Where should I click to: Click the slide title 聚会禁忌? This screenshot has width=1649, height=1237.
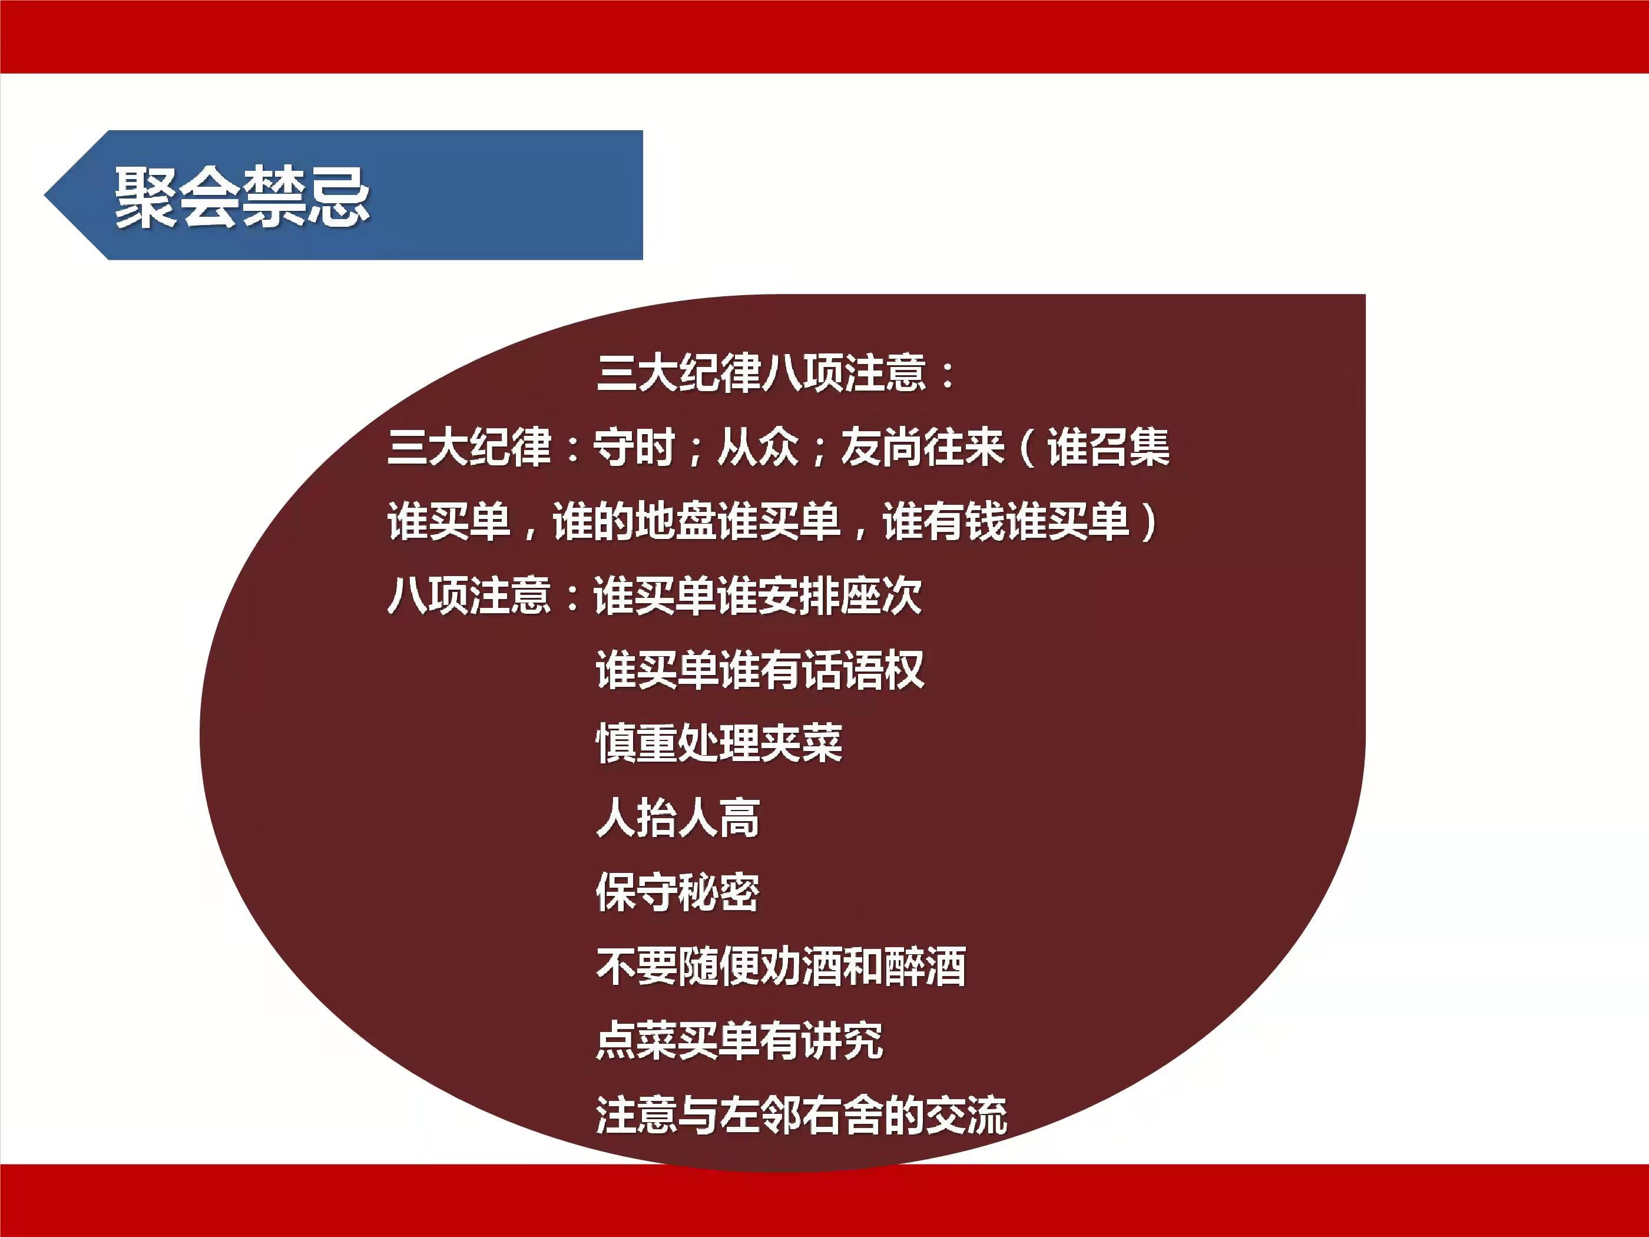coord(242,197)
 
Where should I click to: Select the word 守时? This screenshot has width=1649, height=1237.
coord(634,447)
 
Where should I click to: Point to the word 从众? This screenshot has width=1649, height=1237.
coord(758,447)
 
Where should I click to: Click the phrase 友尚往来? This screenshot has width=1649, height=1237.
coord(923,447)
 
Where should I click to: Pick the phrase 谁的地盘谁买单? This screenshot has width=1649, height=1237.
coord(696,521)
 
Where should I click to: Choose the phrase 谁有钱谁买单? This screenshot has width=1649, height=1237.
coord(1006,521)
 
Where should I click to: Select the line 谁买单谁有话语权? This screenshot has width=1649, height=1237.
coord(760,670)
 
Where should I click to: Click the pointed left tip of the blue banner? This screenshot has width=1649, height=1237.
coord(45,196)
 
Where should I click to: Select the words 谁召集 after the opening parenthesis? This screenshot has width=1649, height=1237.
coord(1108,447)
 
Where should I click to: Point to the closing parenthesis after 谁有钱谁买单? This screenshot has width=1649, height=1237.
coord(1149,521)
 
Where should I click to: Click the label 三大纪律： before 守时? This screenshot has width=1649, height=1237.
coord(485,447)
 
